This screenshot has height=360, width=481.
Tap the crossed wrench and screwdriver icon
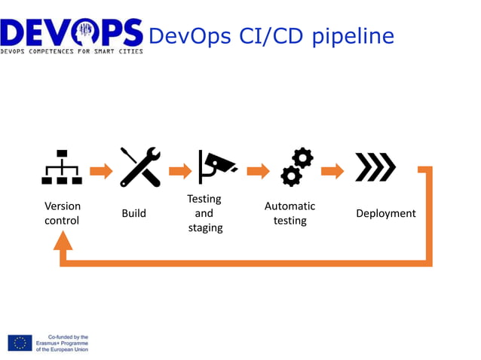[140, 166]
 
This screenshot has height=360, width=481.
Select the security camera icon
[217, 166]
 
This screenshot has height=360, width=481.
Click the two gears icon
[296, 167]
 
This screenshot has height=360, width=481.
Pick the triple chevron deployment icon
[375, 167]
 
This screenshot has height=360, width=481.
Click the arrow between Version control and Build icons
[101, 171]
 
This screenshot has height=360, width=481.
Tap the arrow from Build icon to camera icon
[180, 171]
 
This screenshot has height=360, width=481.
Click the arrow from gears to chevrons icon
[332, 171]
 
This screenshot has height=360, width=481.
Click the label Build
[134, 214]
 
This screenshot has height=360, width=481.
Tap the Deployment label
[385, 214]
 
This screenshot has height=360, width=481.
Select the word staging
[205, 227]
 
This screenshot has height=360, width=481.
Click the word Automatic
[290, 206]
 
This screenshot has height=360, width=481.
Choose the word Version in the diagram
[63, 206]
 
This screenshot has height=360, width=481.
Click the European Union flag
[20, 343]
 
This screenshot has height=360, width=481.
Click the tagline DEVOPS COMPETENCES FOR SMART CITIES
[72, 50]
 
